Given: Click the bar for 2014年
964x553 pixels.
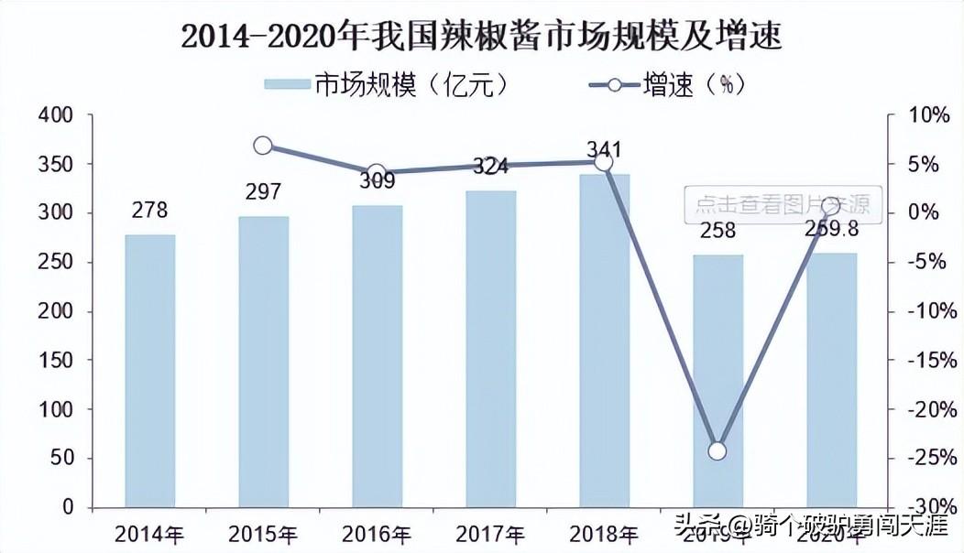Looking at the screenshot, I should (149, 371).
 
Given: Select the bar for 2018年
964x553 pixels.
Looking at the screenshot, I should (604, 341).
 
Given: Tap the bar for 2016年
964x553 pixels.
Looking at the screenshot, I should (377, 356).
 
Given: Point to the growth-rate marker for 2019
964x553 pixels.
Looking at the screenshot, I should (718, 450).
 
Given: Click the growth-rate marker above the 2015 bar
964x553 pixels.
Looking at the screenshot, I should (263, 146).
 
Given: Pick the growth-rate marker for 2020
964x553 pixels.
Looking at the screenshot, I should (831, 205).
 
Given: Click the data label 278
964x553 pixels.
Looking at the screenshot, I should (149, 210).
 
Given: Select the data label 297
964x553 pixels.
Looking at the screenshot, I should (263, 191).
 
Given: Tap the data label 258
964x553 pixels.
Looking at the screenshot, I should (718, 230).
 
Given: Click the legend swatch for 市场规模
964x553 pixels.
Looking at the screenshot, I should (287, 84).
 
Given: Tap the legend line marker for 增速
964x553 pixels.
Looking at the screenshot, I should (613, 84).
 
